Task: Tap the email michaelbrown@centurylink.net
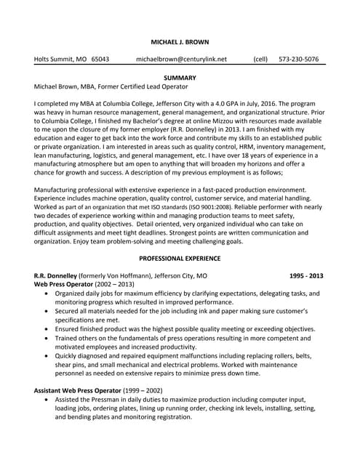click(181, 59)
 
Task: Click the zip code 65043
click(100, 59)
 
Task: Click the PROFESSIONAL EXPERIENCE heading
click(179, 258)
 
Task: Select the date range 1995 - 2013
click(306, 276)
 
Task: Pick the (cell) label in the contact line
click(260, 59)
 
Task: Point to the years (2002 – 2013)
click(114, 285)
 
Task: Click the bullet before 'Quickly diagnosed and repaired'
click(47, 356)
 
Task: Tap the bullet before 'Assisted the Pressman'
click(47, 400)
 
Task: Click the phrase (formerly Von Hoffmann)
click(129, 276)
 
